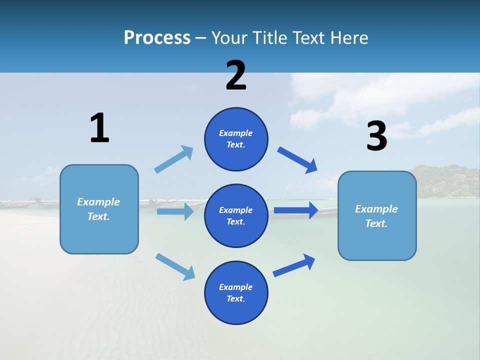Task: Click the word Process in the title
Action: (157, 38)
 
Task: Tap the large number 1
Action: (99, 128)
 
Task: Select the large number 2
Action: (236, 75)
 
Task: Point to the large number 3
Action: (376, 136)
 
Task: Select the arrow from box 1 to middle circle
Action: (175, 211)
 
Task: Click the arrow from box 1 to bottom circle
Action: (175, 266)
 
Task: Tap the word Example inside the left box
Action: (98, 202)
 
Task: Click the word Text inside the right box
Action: (376, 223)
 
